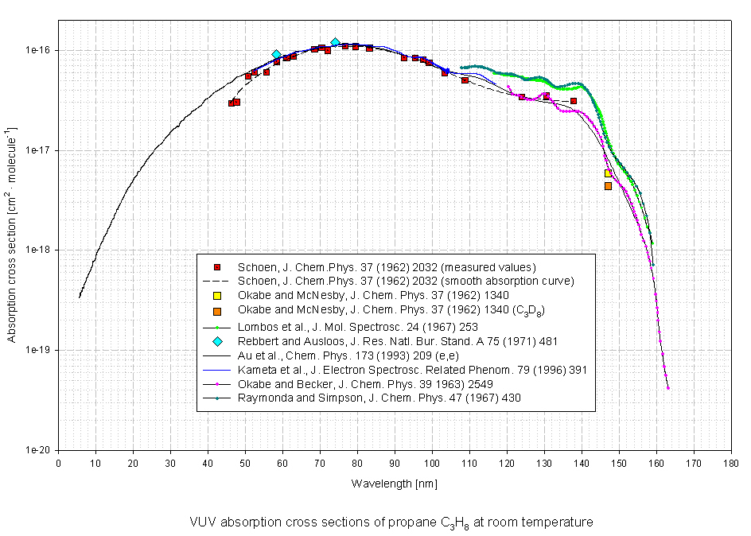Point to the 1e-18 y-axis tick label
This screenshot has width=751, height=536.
tap(39, 250)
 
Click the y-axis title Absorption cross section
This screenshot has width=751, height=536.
tap(12, 223)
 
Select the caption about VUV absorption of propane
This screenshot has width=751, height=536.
tap(391, 523)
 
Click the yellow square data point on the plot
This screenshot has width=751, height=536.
tap(608, 173)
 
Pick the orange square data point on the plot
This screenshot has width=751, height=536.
tap(608, 186)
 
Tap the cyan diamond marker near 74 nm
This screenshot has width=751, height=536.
tap(335, 42)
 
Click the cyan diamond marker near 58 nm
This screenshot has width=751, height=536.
tap(276, 55)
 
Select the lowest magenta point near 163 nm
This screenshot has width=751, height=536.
tap(667, 388)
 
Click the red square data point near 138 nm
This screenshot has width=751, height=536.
tap(574, 101)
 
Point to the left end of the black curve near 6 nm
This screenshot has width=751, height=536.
tap(80, 297)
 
